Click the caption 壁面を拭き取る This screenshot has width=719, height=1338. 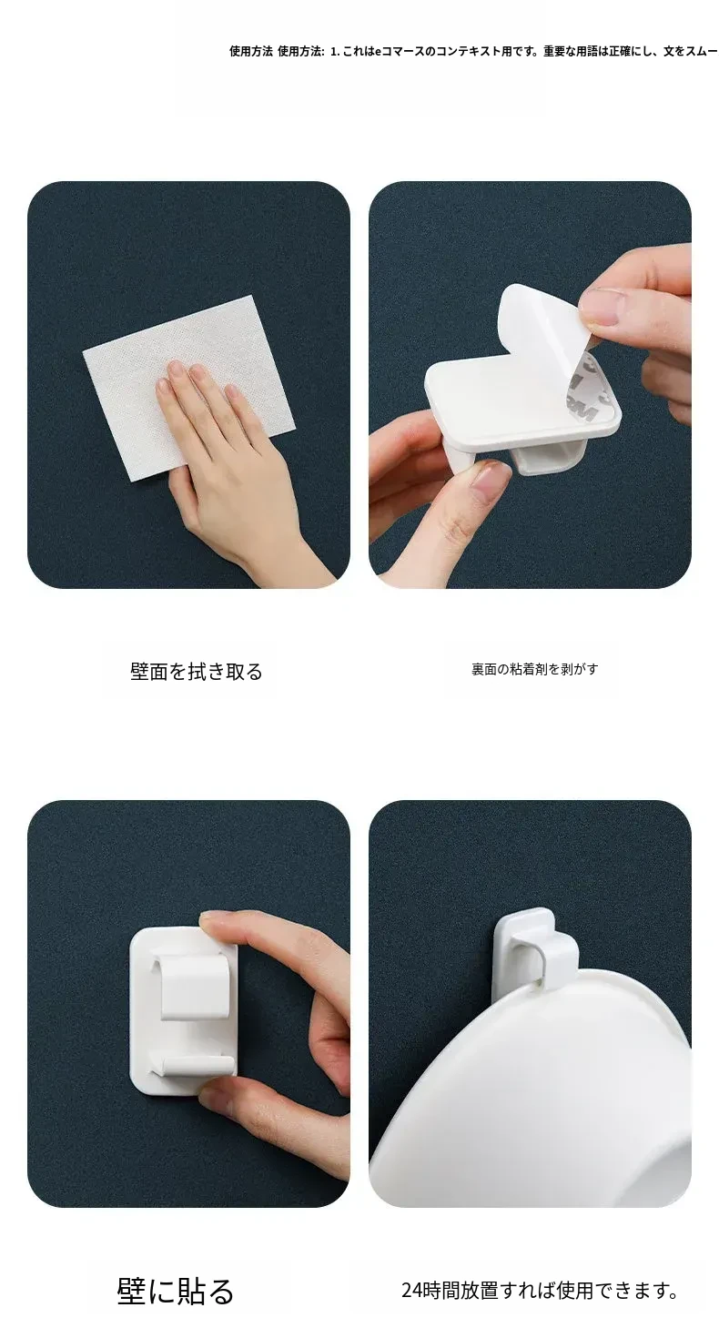click(x=197, y=672)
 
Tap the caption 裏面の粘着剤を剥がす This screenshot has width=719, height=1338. click(x=534, y=669)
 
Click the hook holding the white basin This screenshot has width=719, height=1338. click(x=536, y=947)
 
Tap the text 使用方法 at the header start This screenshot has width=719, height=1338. click(x=251, y=51)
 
